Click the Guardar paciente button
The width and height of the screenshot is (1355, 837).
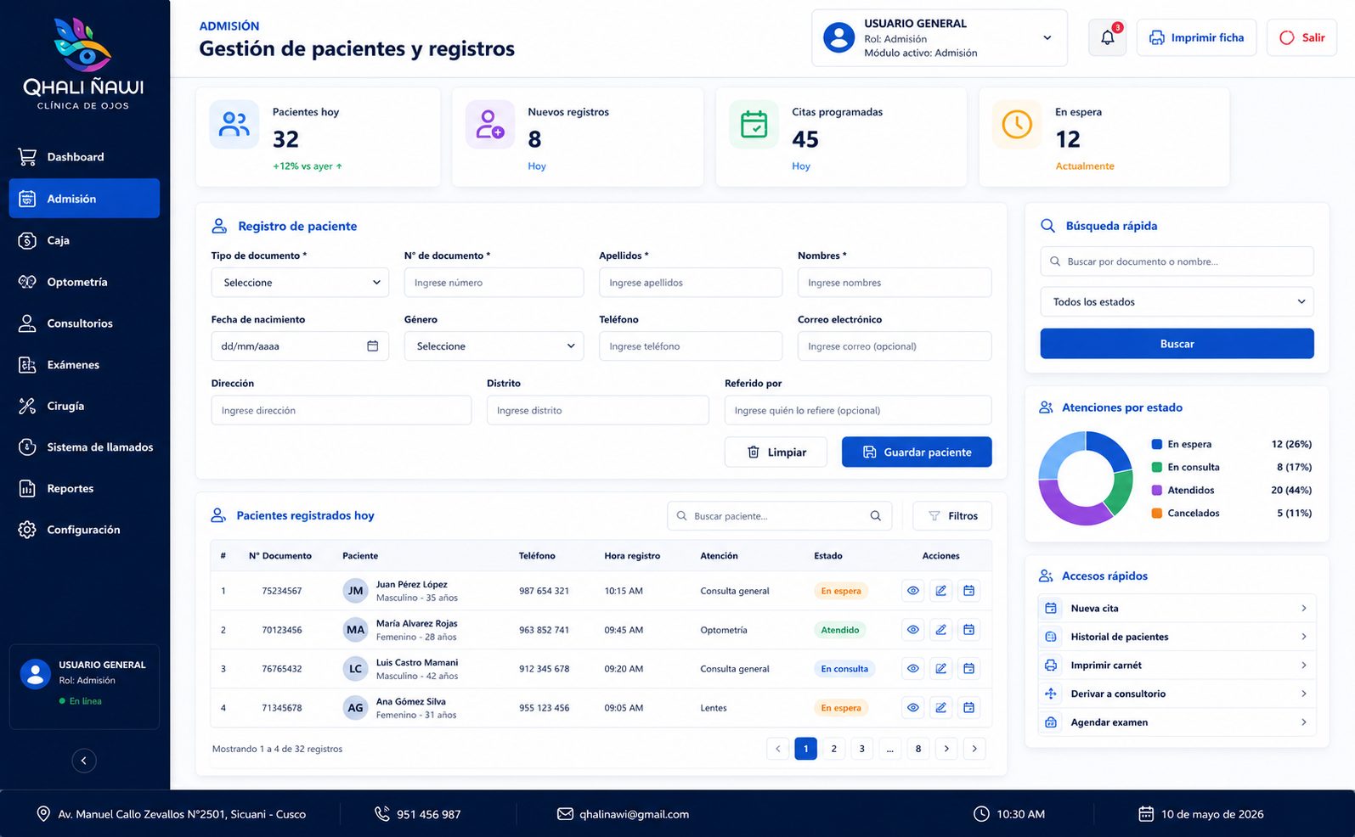pyautogui.click(x=917, y=452)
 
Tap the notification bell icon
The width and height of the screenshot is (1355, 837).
pyautogui.click(x=1107, y=37)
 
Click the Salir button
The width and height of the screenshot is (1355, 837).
pyautogui.click(x=1301, y=37)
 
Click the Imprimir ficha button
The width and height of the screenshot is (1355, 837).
pyautogui.click(x=1196, y=37)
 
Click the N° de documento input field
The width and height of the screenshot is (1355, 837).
pyautogui.click(x=494, y=282)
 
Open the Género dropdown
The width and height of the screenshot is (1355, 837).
pyautogui.click(x=494, y=346)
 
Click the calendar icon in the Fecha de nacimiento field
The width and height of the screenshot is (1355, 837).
pyautogui.click(x=373, y=345)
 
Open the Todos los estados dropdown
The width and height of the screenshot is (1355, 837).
pyautogui.click(x=1177, y=301)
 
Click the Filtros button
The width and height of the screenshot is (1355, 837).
pyautogui.click(x=952, y=515)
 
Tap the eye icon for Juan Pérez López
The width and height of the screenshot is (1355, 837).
pyautogui.click(x=912, y=591)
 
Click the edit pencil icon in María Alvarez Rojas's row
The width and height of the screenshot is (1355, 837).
pyautogui.click(x=940, y=630)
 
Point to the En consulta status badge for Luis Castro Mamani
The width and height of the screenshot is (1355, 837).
pyautogui.click(x=844, y=668)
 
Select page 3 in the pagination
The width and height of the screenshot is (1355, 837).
pyautogui.click(x=861, y=749)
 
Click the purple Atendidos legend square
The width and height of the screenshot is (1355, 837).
pyautogui.click(x=1156, y=490)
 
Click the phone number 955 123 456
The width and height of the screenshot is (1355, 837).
pyautogui.click(x=544, y=708)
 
